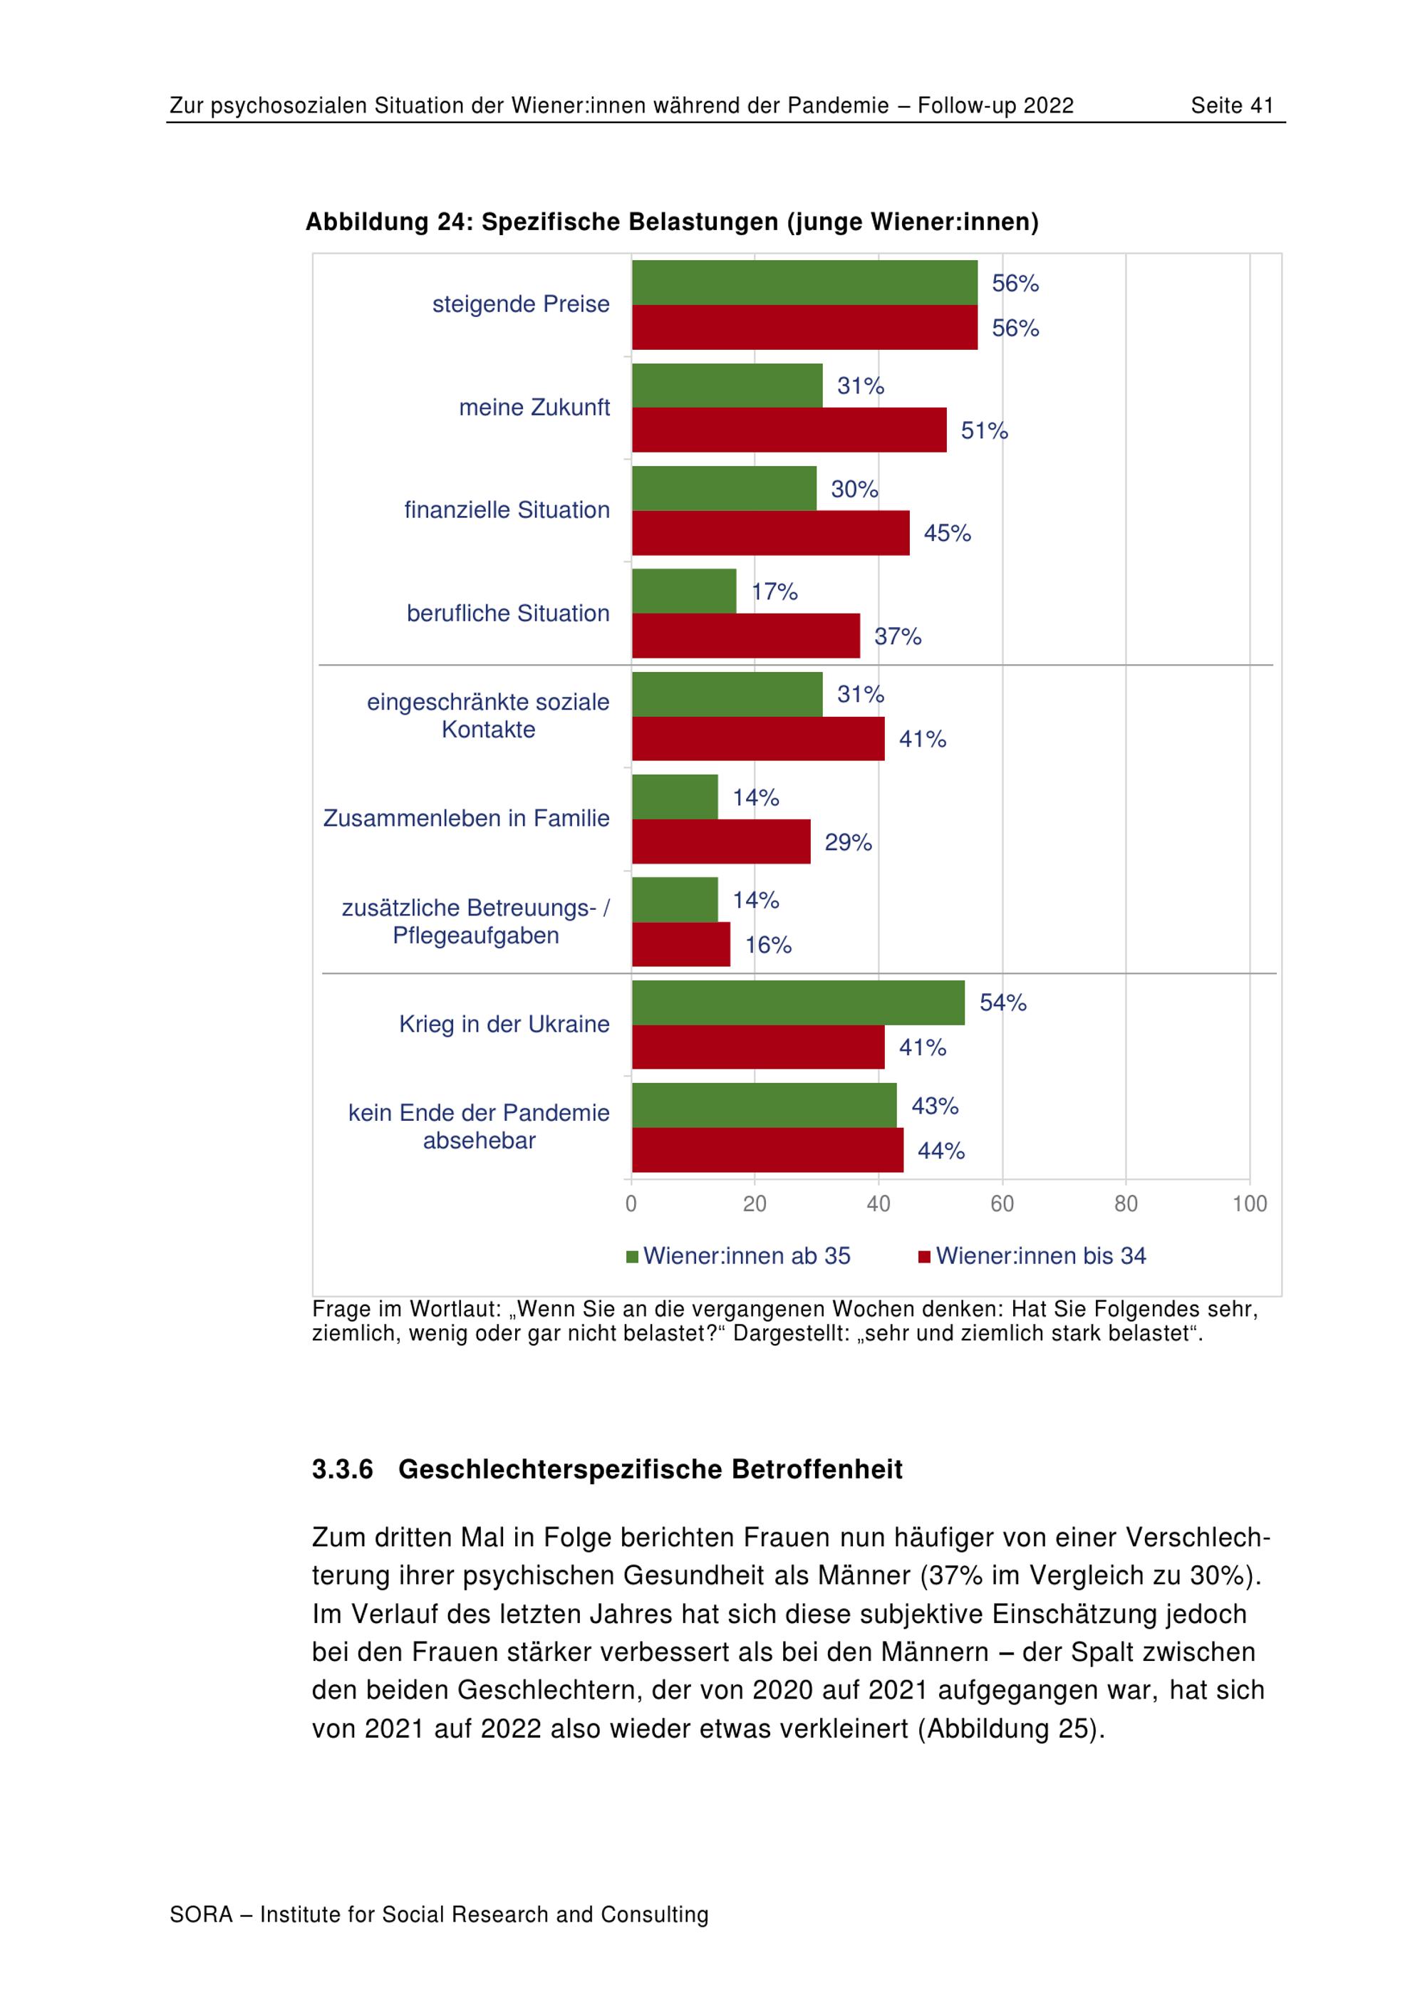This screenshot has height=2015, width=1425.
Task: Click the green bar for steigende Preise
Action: (x=804, y=283)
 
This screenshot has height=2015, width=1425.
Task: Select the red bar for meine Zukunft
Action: (x=789, y=430)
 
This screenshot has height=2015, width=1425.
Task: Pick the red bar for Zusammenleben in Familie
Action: (x=720, y=841)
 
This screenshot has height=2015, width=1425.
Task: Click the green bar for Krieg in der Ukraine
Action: (x=797, y=1003)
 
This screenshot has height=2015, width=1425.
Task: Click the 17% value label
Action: (x=774, y=591)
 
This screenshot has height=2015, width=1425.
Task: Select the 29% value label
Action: (x=848, y=842)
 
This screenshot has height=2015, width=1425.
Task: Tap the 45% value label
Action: (x=947, y=533)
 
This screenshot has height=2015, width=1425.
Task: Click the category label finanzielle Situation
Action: (x=507, y=510)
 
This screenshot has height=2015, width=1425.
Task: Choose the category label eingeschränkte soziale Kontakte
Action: (x=488, y=715)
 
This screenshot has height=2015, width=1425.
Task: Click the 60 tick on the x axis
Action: (x=1002, y=1203)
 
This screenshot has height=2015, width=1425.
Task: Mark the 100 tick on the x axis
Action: (x=1248, y=1203)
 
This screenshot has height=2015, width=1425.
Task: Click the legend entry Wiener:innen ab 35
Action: (x=746, y=1256)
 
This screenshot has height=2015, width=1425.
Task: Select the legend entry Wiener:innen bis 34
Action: (x=1040, y=1256)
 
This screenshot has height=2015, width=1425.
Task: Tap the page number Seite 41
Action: (x=1231, y=106)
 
